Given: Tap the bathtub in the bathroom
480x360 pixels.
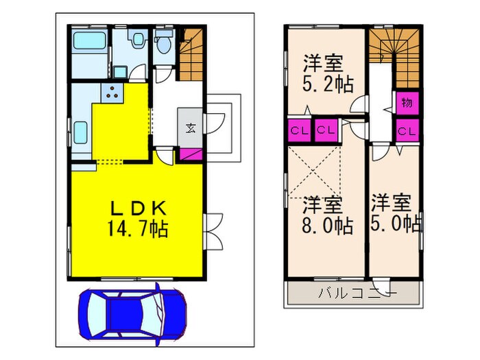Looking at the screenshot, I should point(88,46).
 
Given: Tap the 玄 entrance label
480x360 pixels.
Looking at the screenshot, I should point(190,127).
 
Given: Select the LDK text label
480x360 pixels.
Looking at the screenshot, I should point(137,207).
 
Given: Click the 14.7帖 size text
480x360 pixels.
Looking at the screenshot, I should point(137,227).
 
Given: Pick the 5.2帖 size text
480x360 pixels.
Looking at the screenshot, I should point(328,84).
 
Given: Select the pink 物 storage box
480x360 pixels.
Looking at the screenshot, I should point(406,104).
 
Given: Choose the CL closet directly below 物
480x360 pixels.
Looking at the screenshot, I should point(406,130).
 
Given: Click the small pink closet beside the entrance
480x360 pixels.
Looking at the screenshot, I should point(190,154).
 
